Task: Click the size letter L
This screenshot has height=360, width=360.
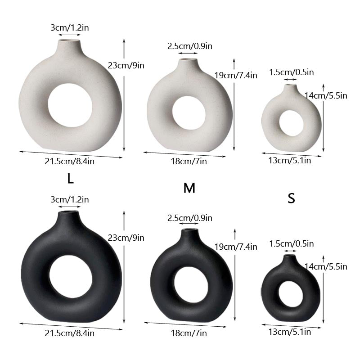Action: [70, 179]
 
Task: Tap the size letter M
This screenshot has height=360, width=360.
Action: [189, 188]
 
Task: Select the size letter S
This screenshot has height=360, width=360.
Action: [291, 198]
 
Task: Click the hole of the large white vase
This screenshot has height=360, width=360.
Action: [70, 104]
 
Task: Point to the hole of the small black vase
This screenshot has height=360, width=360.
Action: [290, 292]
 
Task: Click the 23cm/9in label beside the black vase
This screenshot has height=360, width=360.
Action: [126, 237]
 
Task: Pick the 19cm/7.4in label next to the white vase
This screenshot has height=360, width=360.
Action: [235, 75]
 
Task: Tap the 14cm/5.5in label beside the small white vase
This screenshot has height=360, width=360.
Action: [326, 95]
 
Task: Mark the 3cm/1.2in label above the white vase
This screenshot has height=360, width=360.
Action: [69, 27]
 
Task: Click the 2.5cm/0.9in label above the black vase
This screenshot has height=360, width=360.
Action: [189, 218]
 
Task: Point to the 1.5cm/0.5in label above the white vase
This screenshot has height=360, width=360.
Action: [291, 72]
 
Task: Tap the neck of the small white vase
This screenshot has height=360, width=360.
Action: [290, 89]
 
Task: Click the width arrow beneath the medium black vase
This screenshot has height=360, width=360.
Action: [185, 325]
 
